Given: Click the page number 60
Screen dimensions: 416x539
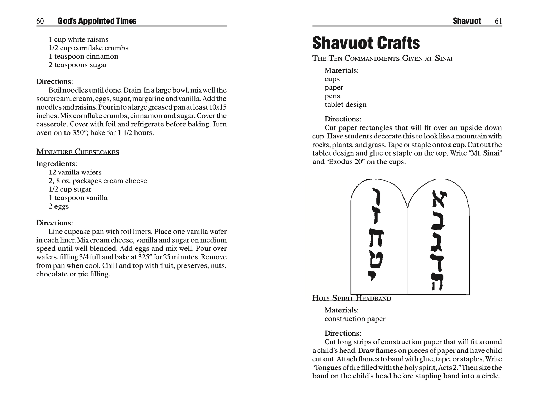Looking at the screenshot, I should [40, 21].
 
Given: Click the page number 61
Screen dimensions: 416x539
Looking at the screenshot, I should [498, 21].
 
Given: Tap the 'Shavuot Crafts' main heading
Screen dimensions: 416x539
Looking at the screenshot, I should [366, 43].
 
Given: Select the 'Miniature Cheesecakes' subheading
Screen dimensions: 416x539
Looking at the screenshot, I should [78, 152].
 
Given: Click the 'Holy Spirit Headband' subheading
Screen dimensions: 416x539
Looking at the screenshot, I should [352, 298].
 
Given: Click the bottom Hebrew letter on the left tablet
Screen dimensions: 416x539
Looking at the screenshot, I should [371, 276].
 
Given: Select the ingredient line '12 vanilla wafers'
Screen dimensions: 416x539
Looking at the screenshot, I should [75, 172].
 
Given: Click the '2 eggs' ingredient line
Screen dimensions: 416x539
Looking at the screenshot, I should [59, 206].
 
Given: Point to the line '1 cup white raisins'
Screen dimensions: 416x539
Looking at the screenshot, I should [78, 39].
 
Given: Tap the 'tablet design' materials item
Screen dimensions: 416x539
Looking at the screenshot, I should [345, 105].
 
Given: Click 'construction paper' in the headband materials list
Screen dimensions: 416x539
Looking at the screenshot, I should [355, 319].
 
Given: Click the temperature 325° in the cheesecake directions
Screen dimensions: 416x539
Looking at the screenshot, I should [148, 257].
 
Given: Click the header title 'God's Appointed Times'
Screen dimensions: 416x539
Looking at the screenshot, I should [97, 21].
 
